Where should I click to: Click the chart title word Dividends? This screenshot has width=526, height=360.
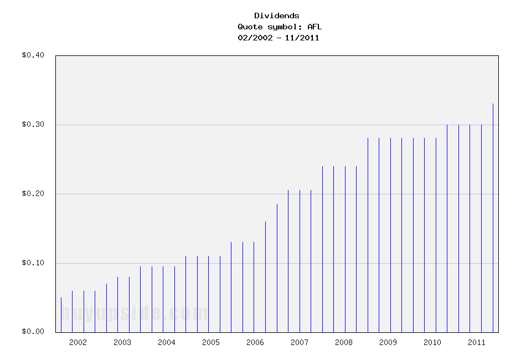pos(277,16)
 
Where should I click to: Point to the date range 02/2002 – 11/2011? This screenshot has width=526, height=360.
pos(278,38)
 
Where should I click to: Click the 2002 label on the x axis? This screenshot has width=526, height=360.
pos(78,342)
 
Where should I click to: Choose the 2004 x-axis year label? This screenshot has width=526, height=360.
pos(167,342)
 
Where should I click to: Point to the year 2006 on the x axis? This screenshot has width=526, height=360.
pos(255,342)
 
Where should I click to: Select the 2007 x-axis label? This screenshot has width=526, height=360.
pos(300,342)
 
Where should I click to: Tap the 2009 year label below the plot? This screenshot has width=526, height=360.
pos(388,342)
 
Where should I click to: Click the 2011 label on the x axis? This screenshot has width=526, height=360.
pos(477,342)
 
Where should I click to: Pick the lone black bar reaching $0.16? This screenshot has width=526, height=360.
pos(265,277)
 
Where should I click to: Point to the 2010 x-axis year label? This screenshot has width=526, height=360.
pos(432,342)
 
